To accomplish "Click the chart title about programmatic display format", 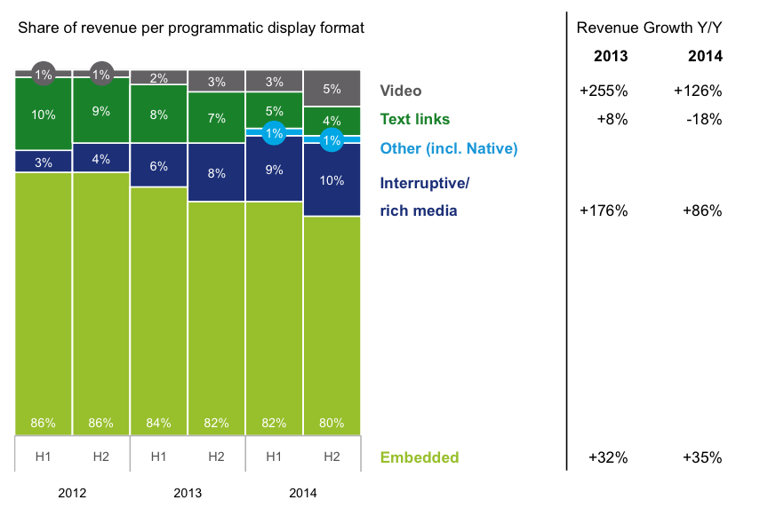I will coord(191,28).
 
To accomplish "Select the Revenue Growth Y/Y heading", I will coord(649,28).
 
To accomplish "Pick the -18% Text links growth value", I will coord(705,119).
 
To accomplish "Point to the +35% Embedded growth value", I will coord(702,457).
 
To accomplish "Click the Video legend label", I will coord(400,91).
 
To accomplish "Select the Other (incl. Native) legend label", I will coord(448,148).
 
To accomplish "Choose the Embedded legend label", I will coord(419,457).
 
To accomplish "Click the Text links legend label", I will coord(414,119).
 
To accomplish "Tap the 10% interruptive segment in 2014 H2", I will coord(332,180).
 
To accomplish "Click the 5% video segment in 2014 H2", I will coord(332,89).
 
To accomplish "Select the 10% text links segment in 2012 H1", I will coord(44,115).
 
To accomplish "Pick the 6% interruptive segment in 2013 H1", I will coord(158,165).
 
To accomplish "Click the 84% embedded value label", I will coord(158,423).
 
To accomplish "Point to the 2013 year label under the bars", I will coord(188,493).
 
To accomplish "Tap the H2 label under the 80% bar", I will coord(332,456).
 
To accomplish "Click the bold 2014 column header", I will coord(705,56).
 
